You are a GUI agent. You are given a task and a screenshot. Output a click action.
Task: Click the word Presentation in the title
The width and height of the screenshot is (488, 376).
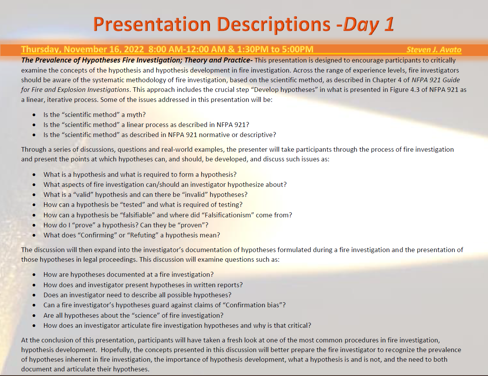[x=152, y=24]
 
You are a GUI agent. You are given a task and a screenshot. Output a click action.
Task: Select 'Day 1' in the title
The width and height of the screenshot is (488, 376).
[x=369, y=25]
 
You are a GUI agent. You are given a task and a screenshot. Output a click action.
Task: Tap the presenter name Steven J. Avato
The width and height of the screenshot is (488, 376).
[x=434, y=49]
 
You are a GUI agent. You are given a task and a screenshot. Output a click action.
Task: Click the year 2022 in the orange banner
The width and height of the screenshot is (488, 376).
[x=134, y=49]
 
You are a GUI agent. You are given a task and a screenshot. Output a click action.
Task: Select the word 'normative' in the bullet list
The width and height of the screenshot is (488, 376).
[x=218, y=135]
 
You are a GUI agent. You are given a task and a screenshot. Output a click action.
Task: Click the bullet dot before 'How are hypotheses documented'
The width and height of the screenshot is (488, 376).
[x=34, y=274]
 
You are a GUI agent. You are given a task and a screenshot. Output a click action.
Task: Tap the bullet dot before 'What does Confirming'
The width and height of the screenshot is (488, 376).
[x=34, y=235]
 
